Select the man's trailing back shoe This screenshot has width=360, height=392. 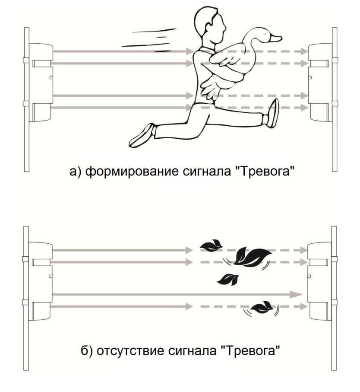point(142,136)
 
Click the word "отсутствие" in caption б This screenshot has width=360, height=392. point(132,351)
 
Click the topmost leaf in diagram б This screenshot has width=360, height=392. point(211,245)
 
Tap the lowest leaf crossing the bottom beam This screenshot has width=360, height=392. point(262,307)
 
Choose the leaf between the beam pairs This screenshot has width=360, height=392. point(228,280)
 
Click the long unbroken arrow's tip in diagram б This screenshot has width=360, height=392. point(303,294)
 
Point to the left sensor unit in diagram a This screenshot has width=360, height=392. point(41,83)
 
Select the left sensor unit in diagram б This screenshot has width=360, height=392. point(40,281)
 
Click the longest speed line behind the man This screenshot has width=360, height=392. point(145,45)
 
